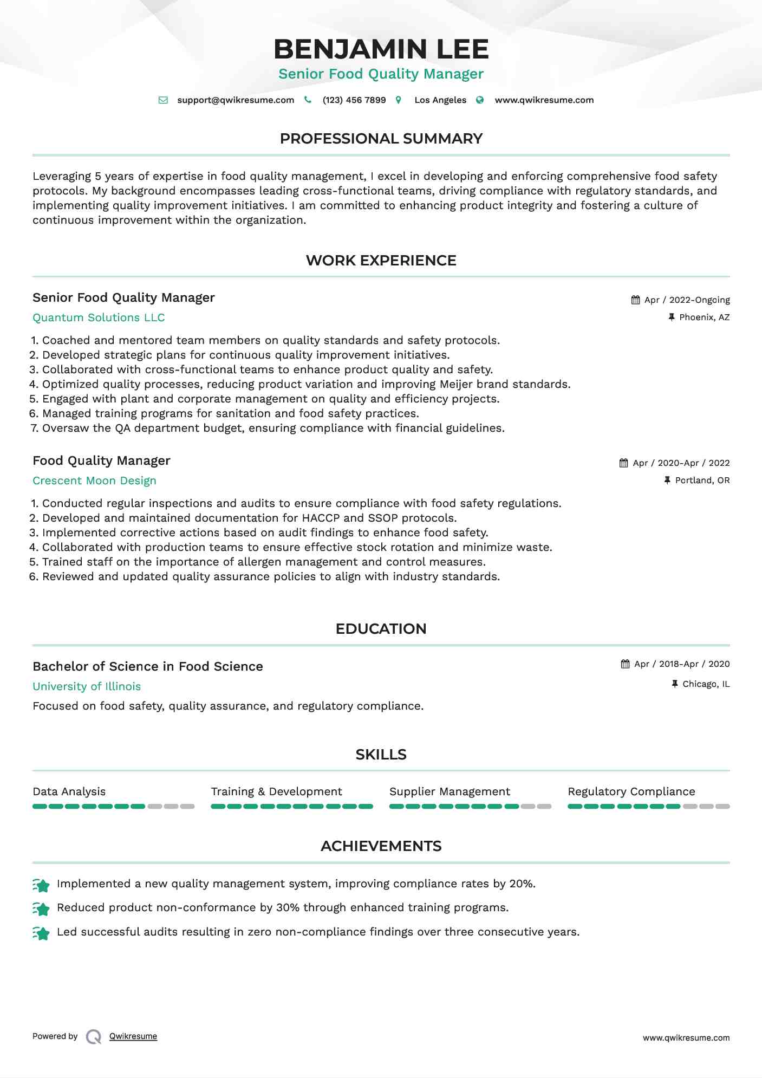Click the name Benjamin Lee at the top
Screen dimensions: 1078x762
click(381, 49)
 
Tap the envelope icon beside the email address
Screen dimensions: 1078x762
click(163, 100)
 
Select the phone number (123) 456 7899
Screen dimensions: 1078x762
click(354, 100)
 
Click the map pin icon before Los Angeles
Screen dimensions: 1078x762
click(399, 100)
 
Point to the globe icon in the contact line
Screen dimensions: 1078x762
click(480, 100)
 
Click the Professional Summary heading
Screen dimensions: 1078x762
click(381, 139)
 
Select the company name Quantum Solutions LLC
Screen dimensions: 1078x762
click(99, 317)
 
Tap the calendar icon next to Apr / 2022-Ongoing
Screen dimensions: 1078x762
click(635, 300)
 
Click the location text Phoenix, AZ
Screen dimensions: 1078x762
click(704, 317)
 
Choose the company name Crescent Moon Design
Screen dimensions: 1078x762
click(94, 480)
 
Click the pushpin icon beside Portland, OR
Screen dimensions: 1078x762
click(667, 480)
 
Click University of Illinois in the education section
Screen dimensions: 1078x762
click(87, 686)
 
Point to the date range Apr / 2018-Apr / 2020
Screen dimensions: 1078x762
click(682, 664)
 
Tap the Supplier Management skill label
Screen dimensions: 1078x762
click(450, 791)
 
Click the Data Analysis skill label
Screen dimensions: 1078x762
click(69, 791)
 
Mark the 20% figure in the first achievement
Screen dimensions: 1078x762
click(522, 884)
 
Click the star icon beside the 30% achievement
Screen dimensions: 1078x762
click(41, 908)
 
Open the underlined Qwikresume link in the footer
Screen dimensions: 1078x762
click(133, 1036)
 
